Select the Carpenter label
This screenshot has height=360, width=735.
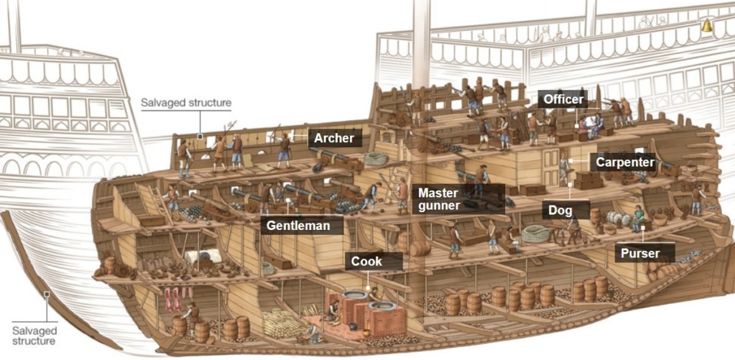point(624,162)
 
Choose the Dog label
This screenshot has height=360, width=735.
point(560,211)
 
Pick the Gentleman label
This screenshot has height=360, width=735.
point(298,225)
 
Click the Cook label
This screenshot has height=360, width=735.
point(366,262)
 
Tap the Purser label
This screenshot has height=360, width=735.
point(639,253)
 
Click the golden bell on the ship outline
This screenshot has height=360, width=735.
point(706,26)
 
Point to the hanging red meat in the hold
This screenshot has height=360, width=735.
point(172,297)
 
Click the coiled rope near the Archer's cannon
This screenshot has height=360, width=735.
point(376,159)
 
